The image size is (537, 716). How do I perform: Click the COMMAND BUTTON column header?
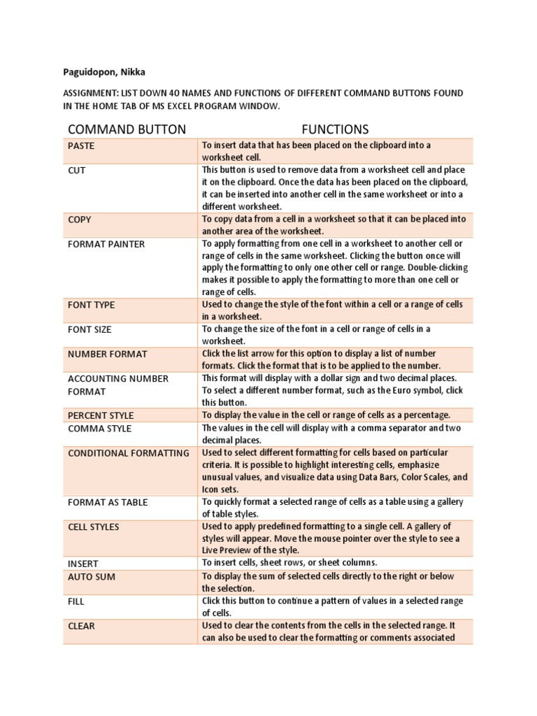point(127,129)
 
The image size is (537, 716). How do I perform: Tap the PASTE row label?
point(81,146)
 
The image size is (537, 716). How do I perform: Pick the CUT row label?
point(76,171)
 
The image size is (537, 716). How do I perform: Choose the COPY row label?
point(80,220)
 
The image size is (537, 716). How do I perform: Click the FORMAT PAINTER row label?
point(106,244)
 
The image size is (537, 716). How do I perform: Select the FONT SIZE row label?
point(89,329)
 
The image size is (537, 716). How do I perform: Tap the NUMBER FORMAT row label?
point(108,354)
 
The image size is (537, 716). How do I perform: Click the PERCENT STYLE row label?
point(101,415)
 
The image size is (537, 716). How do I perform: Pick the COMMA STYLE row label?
point(99,429)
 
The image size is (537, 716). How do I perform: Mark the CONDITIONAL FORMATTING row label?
point(129,453)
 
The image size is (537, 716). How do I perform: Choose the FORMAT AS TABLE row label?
point(108,502)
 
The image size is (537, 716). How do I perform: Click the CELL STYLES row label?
point(94,527)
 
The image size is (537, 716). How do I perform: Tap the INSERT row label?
point(83,564)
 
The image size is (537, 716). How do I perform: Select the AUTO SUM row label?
point(92,577)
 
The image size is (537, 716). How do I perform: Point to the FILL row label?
point(76,601)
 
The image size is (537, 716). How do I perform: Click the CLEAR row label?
point(81,626)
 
